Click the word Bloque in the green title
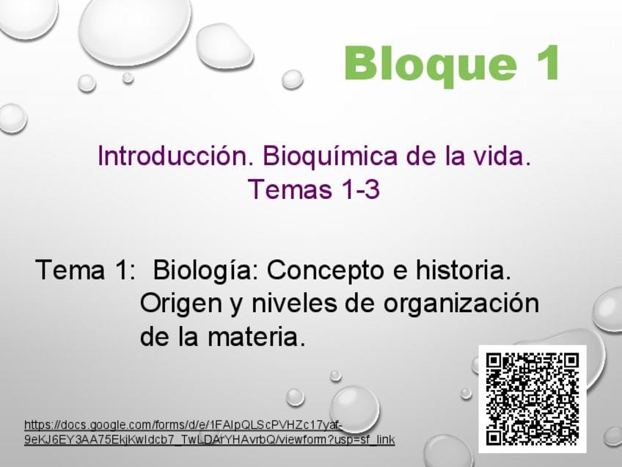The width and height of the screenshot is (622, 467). (431, 64)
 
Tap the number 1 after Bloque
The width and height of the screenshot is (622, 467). (548, 62)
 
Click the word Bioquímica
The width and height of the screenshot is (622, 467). (329, 156)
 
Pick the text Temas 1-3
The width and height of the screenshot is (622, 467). (314, 189)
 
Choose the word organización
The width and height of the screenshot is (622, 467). (461, 304)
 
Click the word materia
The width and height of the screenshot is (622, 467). (257, 337)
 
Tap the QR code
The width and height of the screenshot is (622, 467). (533, 399)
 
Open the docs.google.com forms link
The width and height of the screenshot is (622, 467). (210, 432)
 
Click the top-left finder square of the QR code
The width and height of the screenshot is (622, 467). (494, 361)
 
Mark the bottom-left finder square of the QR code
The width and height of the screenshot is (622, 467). (494, 437)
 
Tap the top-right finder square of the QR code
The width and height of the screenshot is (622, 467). (571, 361)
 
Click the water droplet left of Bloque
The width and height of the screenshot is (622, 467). (293, 79)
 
